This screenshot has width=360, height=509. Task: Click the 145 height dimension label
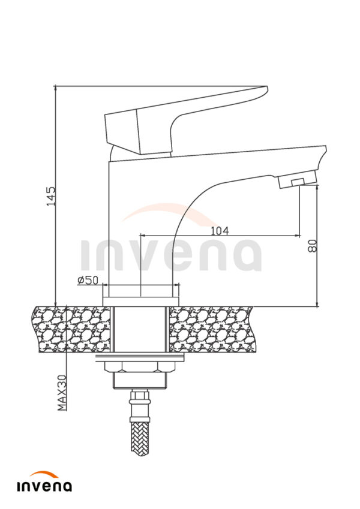pyautogui.click(x=51, y=195)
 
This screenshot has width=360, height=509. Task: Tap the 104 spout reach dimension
pyautogui.click(x=220, y=231)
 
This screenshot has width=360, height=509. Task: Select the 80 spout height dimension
pyautogui.click(x=312, y=246)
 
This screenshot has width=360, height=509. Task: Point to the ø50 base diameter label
pyautogui.click(x=88, y=280)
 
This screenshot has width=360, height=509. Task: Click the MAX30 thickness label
pyautogui.click(x=62, y=393)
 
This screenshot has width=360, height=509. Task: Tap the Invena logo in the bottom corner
pyautogui.click(x=44, y=482)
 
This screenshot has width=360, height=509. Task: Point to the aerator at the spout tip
pyautogui.click(x=297, y=180)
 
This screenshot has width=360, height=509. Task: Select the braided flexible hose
pyautogui.click(x=140, y=436)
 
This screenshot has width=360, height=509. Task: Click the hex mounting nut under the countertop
pyautogui.click(x=140, y=366)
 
